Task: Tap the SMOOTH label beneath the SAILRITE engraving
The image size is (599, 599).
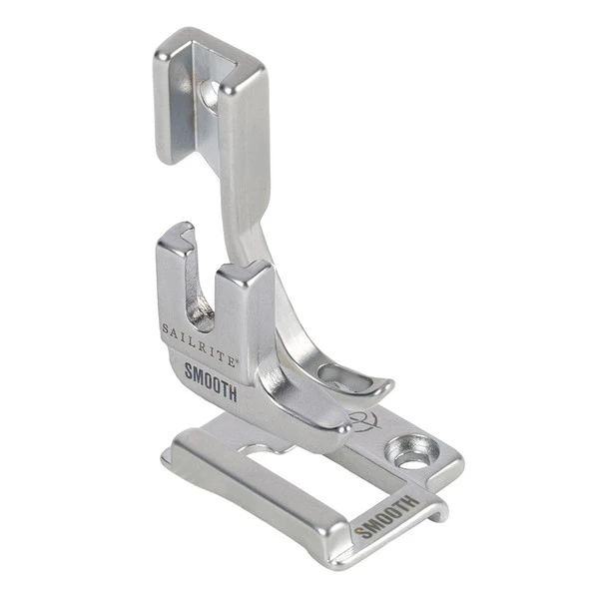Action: (211, 381)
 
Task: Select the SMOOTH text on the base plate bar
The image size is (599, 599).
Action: (383, 514)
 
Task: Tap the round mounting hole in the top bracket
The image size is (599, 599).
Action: (210, 94)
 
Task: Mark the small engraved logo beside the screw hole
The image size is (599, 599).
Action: (360, 417)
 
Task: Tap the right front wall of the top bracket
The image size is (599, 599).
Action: (240, 130)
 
